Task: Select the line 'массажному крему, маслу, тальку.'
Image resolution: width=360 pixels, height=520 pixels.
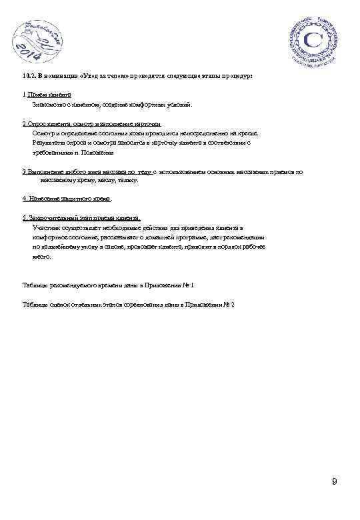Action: click(x=89, y=180)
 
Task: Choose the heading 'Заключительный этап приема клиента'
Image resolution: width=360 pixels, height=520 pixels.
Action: click(x=83, y=218)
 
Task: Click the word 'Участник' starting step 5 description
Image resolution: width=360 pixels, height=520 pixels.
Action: click(x=44, y=227)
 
